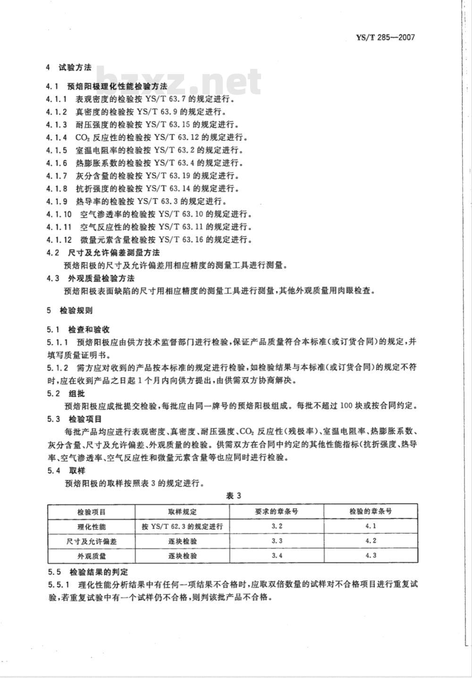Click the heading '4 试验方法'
[69, 67]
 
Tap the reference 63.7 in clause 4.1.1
[180, 100]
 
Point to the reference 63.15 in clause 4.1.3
[182, 125]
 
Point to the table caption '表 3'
[234, 496]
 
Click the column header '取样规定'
[182, 511]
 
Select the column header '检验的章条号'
[371, 511]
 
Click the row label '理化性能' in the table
[91, 526]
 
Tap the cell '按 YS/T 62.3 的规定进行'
[182, 526]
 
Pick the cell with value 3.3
[277, 541]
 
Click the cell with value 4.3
[371, 555]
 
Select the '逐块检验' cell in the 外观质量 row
[182, 556]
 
